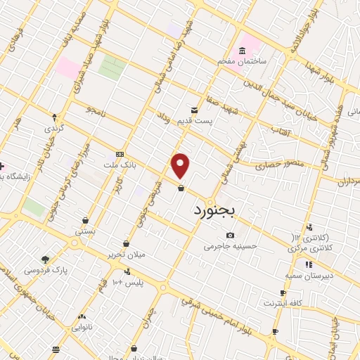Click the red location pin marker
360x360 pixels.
pyautogui.click(x=181, y=166)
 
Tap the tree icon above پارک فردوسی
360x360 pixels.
pyautogui.click(x=46, y=259)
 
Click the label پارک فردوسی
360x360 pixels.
pyautogui.click(x=42, y=270)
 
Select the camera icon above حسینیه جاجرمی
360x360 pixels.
pyautogui.click(x=230, y=235)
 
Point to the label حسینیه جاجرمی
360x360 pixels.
pyautogui.click(x=230, y=247)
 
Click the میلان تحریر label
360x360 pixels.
pyautogui.click(x=126, y=254)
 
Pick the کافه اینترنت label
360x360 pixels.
pyautogui.click(x=282, y=304)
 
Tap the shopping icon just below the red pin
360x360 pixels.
pyautogui.click(x=181, y=187)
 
